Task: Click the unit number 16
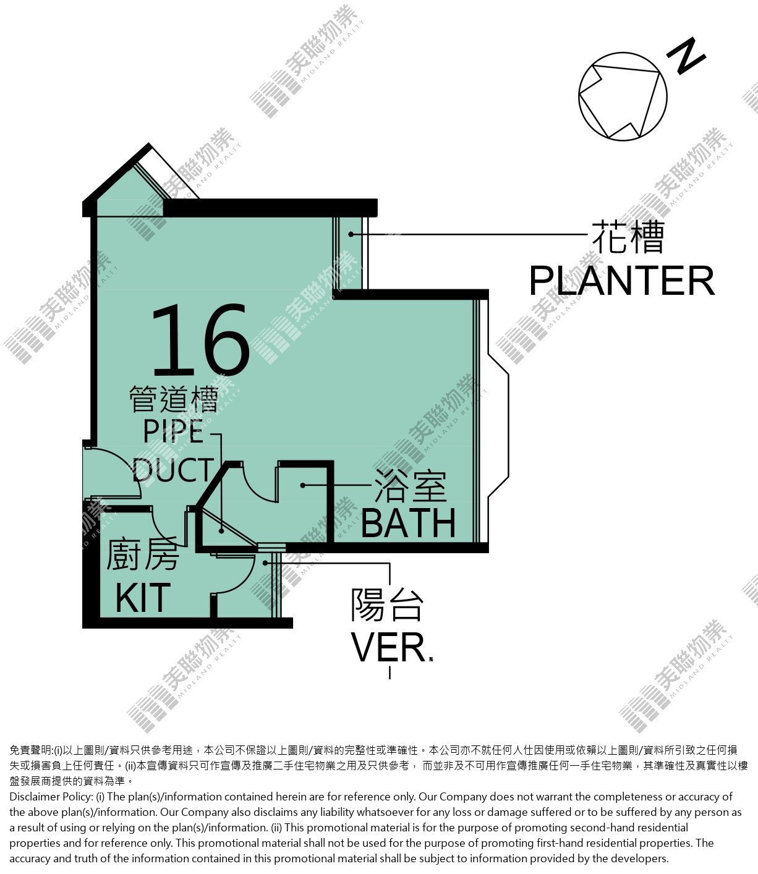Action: tap(200, 339)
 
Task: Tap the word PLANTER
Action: tap(622, 281)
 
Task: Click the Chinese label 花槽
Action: tap(628, 237)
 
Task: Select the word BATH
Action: tap(408, 523)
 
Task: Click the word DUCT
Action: tap(172, 470)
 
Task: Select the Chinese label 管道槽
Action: tap(174, 399)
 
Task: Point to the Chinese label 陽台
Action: tap(387, 605)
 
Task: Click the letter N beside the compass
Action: tap(686, 56)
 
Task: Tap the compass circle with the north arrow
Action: tap(623, 96)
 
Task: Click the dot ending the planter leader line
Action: tap(351, 234)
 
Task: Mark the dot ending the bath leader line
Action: tap(303, 485)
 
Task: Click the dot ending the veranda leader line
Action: tap(265, 563)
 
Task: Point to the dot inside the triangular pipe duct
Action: tap(221, 531)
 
